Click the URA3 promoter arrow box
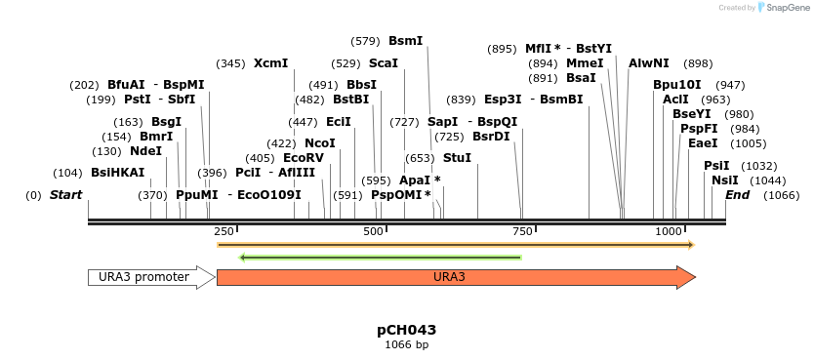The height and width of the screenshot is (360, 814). click(x=150, y=277)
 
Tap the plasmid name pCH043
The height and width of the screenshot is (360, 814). click(x=406, y=330)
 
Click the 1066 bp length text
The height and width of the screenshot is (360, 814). click(x=406, y=344)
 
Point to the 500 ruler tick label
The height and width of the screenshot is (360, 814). click(x=374, y=231)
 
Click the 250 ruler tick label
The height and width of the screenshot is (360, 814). click(x=224, y=231)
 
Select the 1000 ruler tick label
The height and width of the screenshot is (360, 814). click(x=669, y=231)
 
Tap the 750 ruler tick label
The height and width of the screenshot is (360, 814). click(x=522, y=231)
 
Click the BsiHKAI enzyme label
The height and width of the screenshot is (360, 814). click(x=117, y=173)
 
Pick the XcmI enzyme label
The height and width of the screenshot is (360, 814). click(x=270, y=63)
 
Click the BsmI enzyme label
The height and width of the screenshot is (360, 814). click(x=405, y=41)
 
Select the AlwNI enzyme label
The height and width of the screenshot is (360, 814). click(x=648, y=63)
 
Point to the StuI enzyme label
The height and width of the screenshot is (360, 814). click(x=457, y=157)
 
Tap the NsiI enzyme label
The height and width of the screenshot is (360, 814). click(x=725, y=180)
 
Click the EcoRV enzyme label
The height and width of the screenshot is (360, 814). click(x=303, y=158)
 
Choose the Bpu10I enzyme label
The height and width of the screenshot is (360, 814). click(x=677, y=85)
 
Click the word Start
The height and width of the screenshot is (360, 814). click(x=65, y=196)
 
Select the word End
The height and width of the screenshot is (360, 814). click(x=737, y=196)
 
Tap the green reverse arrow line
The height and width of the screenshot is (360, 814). click(x=380, y=258)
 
